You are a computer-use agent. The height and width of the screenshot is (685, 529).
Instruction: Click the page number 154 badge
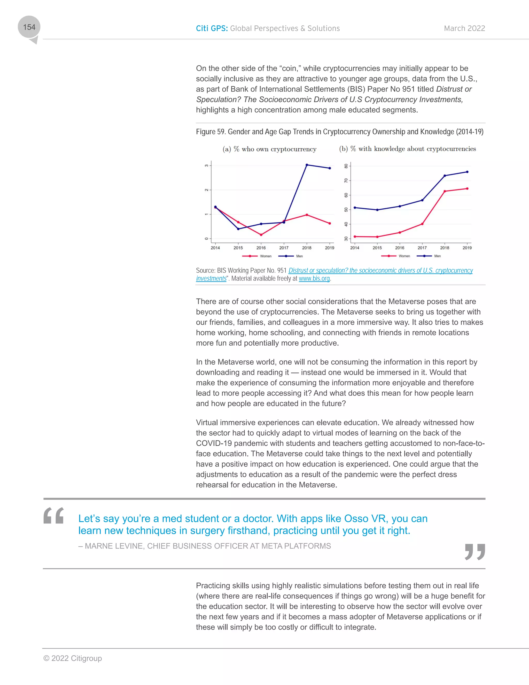point(29,27)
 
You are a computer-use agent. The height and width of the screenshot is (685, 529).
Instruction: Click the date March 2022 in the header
point(464,28)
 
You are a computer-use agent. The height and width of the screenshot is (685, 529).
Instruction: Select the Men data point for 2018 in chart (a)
point(307,165)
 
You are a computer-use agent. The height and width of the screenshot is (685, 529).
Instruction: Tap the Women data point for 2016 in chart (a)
point(261,235)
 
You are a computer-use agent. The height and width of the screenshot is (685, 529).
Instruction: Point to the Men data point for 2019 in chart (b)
point(467,172)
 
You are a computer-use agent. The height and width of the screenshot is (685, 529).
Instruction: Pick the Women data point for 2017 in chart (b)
point(422,224)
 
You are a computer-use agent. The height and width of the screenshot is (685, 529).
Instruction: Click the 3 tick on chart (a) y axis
point(207,165)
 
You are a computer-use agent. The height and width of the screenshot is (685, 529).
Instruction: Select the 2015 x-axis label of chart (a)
point(238,248)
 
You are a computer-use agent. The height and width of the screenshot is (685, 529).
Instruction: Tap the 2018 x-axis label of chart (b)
point(444,248)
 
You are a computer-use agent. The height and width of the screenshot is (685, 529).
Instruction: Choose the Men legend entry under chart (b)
point(429,256)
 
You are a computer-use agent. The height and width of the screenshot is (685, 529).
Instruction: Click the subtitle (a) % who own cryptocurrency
point(269,149)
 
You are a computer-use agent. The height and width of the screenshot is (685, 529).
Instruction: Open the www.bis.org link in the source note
point(314,278)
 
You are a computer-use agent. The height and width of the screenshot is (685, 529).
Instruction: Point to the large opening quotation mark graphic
point(53,516)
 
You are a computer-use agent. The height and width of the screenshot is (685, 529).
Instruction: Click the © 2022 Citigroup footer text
point(73,658)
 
